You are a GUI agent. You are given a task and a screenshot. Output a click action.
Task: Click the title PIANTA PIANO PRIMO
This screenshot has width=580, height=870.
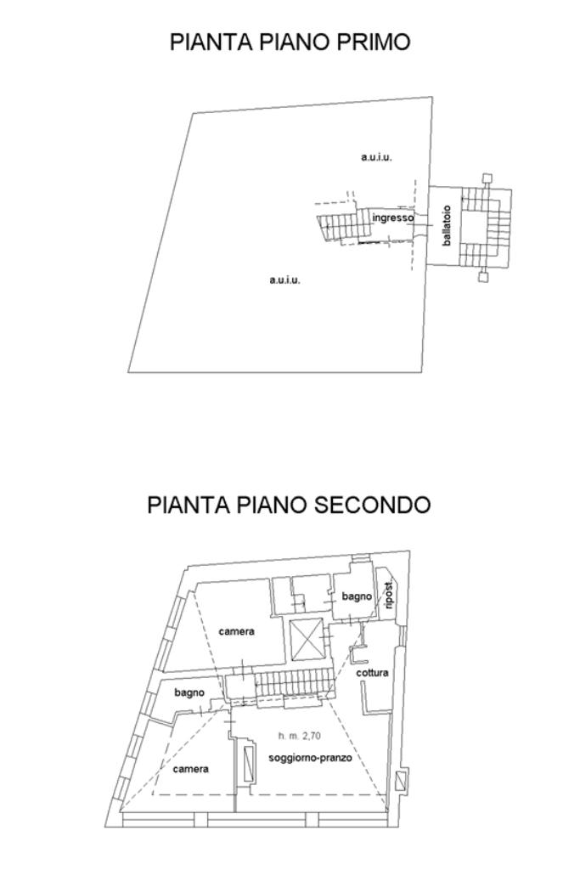[x=290, y=42]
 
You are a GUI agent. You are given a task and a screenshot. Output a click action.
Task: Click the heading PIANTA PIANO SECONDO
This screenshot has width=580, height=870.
[x=289, y=505]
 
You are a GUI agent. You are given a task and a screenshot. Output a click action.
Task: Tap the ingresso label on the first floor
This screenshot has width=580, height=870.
[x=392, y=218]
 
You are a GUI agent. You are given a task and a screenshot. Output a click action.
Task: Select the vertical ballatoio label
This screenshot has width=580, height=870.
[x=447, y=225]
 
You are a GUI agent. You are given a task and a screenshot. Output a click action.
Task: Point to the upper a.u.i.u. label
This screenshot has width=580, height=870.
[x=376, y=157]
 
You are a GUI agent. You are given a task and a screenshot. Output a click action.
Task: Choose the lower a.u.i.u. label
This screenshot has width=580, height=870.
[x=284, y=280]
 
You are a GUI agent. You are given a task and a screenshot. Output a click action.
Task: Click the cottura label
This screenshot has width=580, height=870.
[x=372, y=673]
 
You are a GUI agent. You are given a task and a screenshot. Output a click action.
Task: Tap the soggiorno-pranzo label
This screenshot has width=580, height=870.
[x=310, y=757]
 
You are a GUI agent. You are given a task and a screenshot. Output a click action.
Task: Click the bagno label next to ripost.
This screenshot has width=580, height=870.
[x=357, y=597]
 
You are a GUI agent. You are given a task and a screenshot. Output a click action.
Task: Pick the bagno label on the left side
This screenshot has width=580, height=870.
[x=189, y=692]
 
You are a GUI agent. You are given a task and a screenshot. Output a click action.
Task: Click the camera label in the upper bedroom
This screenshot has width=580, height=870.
[x=236, y=631]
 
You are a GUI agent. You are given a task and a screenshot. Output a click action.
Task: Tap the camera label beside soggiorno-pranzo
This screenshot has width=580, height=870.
[x=190, y=769]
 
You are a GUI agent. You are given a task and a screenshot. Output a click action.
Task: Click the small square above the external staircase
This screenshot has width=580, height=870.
[x=486, y=178]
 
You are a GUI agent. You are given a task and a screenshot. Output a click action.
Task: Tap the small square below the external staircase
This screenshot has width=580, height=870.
[x=483, y=276]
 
